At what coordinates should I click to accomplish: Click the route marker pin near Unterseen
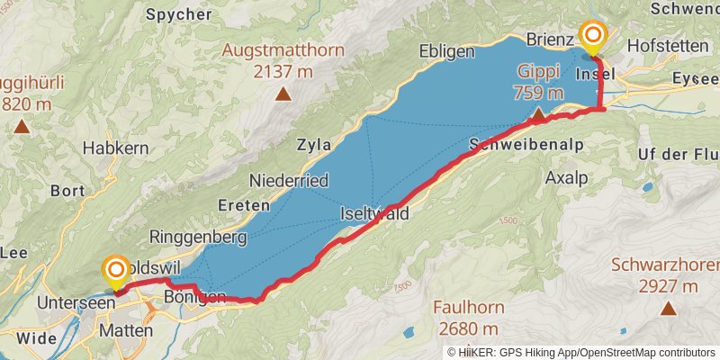click(x=115, y=274)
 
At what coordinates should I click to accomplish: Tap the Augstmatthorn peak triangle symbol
click(x=283, y=93)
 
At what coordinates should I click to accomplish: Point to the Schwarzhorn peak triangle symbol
click(x=668, y=309)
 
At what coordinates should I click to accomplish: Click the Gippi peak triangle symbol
click(x=537, y=114)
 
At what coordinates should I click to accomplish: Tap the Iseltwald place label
click(x=375, y=214)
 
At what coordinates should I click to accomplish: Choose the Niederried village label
click(x=289, y=180)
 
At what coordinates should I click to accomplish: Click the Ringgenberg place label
click(x=198, y=238)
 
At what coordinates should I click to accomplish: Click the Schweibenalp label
click(x=526, y=145)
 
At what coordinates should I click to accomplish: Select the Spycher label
click(x=179, y=15)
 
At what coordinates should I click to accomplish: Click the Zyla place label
click(x=313, y=144)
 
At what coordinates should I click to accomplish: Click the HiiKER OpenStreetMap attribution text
click(x=581, y=353)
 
